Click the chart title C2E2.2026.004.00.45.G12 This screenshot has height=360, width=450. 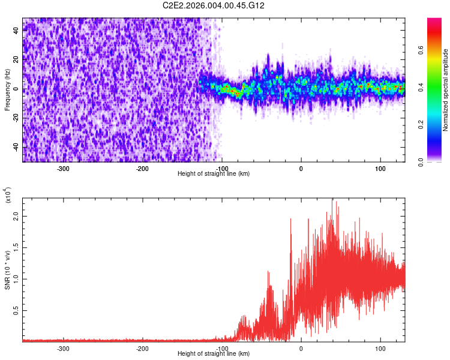coord(214,5)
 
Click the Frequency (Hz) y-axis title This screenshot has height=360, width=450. coord(8,89)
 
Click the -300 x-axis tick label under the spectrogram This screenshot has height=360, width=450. coord(63,169)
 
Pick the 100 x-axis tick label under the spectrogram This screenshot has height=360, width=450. coord(380,169)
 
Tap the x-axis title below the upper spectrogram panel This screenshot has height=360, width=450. coord(214,174)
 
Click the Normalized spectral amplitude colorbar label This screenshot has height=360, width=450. coord(446,89)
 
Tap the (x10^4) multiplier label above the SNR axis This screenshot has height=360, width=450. coord(8,195)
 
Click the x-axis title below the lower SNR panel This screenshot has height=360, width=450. coord(214,354)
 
